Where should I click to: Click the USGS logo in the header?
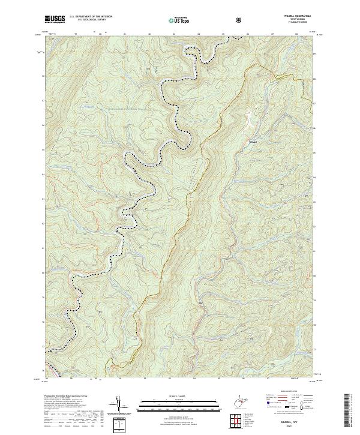click(55, 19)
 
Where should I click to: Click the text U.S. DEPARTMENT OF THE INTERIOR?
click(91, 17)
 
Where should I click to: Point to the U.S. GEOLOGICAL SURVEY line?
click(87, 21)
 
